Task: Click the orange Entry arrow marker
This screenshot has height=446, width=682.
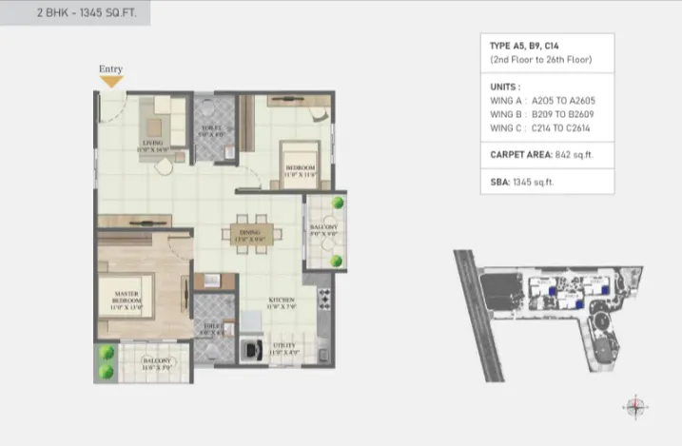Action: tap(111, 82)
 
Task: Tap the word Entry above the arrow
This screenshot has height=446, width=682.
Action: tap(111, 69)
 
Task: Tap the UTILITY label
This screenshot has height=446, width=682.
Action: tap(284, 348)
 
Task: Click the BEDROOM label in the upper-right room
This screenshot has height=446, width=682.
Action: tap(300, 171)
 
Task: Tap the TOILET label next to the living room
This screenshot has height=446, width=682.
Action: tap(211, 131)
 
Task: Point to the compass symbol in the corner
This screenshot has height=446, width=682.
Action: tap(635, 406)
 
